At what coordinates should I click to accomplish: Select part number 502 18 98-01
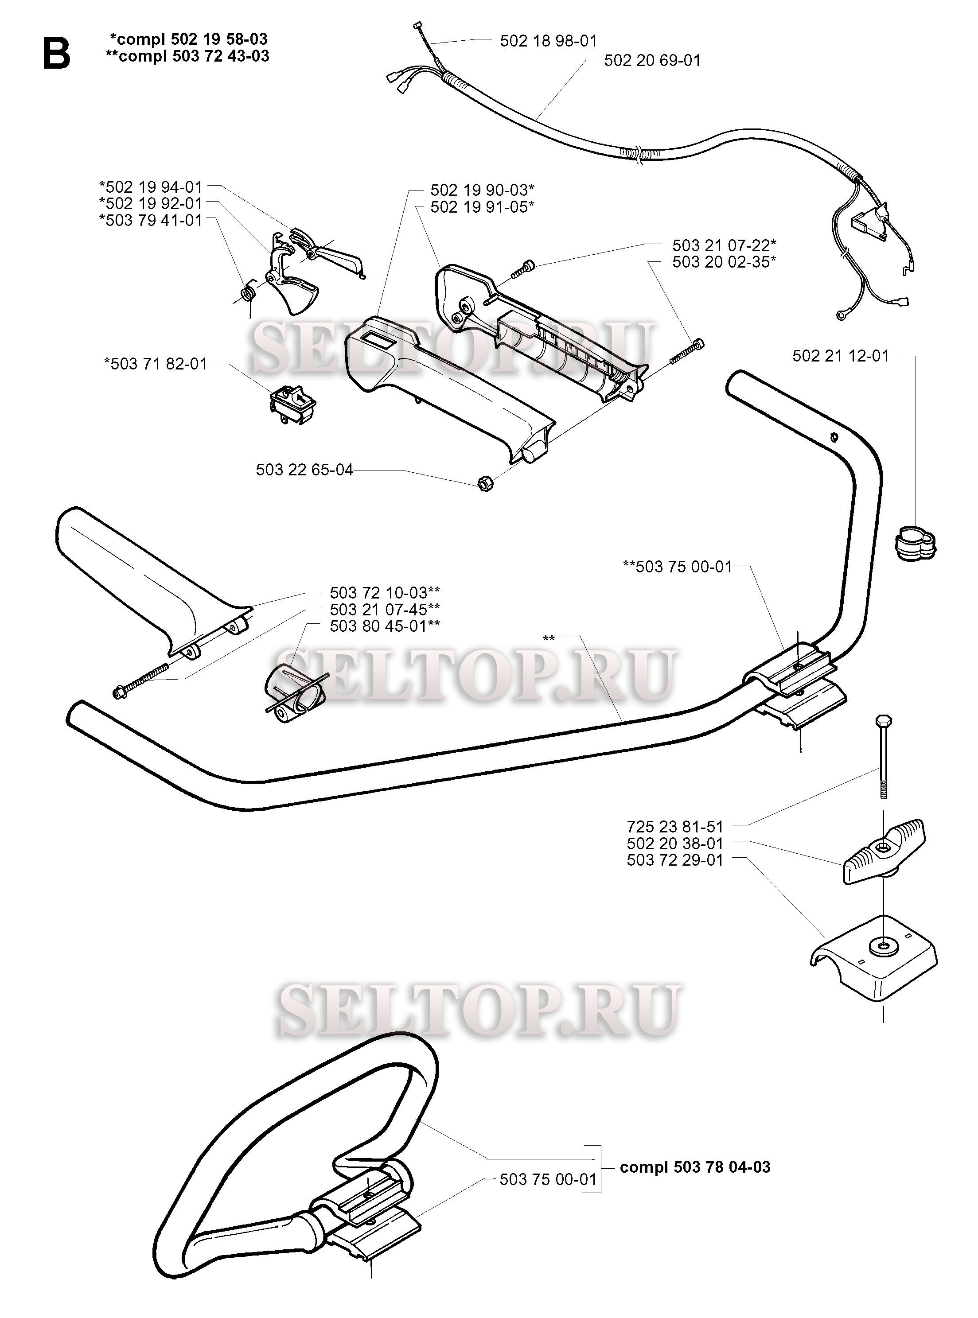548,41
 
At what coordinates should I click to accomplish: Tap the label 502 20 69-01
652,60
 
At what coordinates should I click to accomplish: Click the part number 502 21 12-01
841,356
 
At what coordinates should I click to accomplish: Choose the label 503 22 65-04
304,470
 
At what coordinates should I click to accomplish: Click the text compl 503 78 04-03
695,1167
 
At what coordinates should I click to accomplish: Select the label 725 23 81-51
675,826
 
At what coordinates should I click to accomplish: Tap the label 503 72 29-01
675,859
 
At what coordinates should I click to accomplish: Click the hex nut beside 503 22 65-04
485,483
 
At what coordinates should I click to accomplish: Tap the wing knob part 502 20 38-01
883,852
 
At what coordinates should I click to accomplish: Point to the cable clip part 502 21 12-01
914,543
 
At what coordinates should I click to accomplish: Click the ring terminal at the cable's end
841,315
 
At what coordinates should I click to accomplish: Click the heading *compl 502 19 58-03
188,39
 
